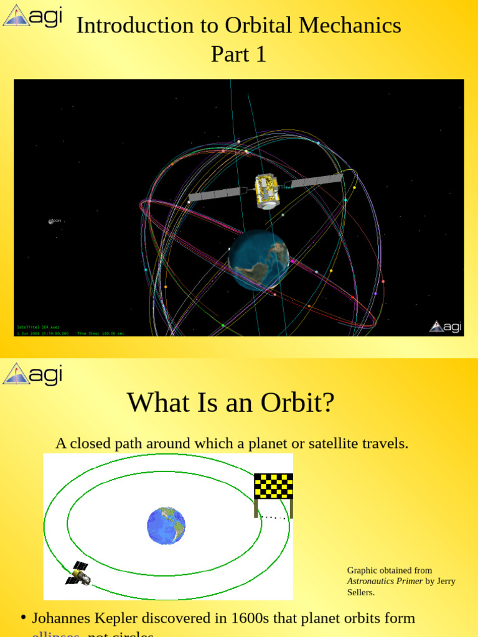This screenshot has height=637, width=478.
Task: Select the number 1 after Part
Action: coord(260,55)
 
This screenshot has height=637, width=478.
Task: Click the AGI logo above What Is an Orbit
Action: coord(32,374)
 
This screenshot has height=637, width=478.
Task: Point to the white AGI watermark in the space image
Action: coord(445,326)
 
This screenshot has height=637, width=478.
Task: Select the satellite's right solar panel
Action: coord(316,181)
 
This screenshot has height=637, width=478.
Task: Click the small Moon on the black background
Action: coord(51,221)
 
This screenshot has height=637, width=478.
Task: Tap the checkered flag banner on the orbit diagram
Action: coord(273,486)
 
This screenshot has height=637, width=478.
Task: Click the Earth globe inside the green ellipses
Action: coord(166,526)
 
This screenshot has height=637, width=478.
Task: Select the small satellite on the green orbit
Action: coord(79,573)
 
